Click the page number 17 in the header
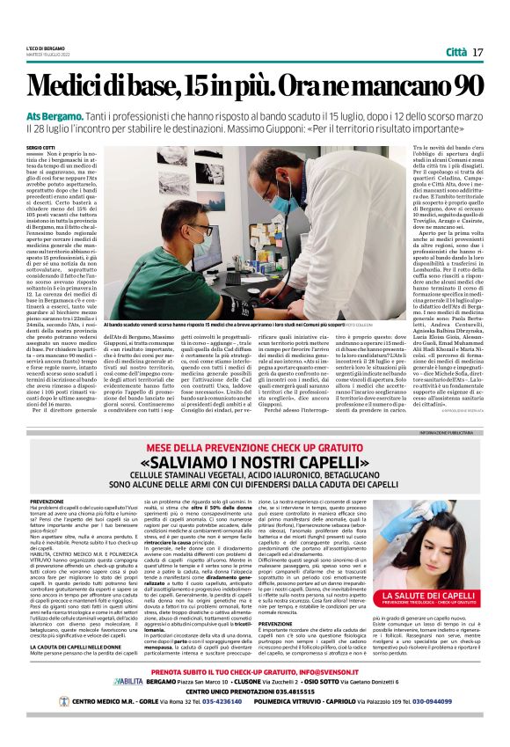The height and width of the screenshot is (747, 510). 477,52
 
